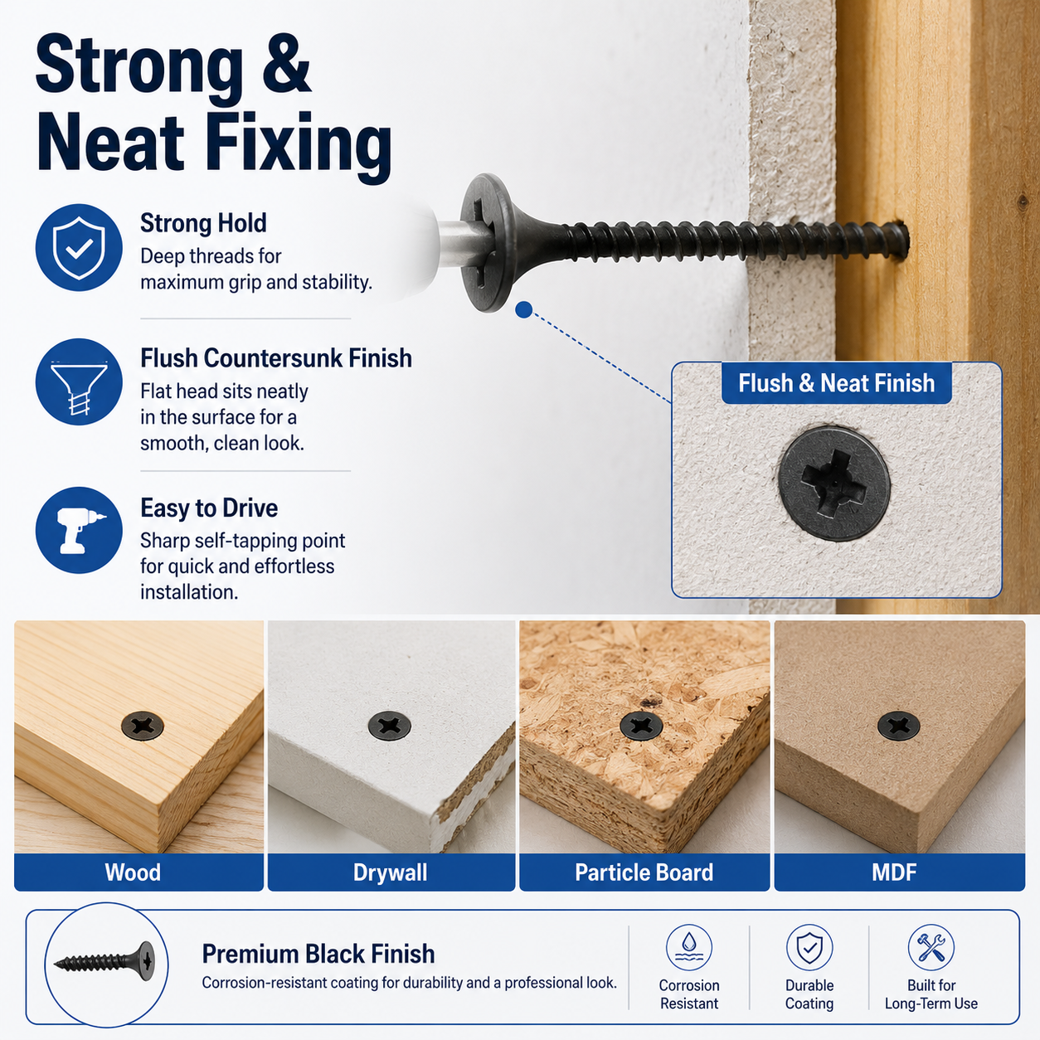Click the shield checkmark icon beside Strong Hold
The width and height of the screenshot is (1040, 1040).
(79, 248)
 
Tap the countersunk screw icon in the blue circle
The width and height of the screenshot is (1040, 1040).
(79, 382)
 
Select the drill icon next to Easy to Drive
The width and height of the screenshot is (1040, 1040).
(79, 530)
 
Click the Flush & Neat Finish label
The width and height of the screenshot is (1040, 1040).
(836, 383)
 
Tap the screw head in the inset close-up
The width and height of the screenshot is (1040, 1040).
(833, 484)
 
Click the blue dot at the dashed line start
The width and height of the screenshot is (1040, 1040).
(523, 310)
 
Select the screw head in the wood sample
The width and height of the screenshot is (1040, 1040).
(143, 726)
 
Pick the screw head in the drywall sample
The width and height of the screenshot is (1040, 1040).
(390, 726)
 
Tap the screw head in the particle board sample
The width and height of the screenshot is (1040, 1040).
(641, 726)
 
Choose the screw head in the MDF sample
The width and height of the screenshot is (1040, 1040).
(899, 726)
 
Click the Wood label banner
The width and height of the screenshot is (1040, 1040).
(139, 872)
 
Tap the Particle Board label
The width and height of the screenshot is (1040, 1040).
(644, 872)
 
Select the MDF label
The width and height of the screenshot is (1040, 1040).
(894, 872)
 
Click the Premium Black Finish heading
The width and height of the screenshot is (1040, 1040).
(318, 954)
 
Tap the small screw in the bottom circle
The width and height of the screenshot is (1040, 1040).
(104, 962)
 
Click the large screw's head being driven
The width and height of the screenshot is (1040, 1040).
(487, 243)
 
